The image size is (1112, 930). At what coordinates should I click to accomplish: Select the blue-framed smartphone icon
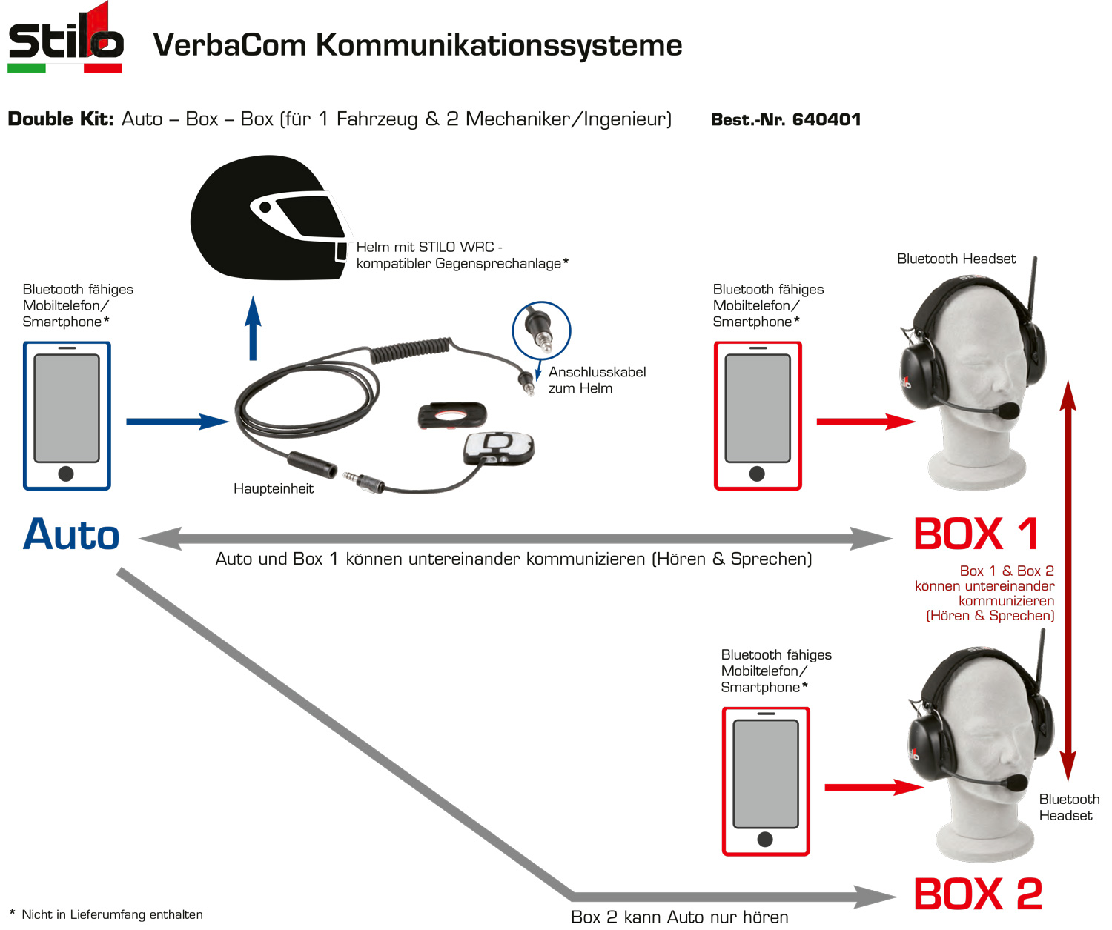(x=67, y=416)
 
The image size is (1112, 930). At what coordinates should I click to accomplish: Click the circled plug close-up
(x=541, y=331)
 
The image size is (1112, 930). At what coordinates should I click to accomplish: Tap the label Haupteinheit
(x=274, y=488)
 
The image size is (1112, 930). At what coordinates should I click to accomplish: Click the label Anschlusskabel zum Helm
(x=597, y=380)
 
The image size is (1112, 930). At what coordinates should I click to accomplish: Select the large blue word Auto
(x=71, y=535)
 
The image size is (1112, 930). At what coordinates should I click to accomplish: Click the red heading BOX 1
(x=976, y=534)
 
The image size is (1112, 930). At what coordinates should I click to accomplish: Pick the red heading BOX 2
(x=978, y=894)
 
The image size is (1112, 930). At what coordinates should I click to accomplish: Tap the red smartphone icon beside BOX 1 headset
(x=758, y=416)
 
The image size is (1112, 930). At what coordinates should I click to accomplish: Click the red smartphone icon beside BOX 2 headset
(x=766, y=781)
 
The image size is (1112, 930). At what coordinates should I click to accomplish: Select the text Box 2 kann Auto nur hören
(x=680, y=917)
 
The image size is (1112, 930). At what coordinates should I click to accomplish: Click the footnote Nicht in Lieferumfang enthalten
(x=111, y=914)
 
